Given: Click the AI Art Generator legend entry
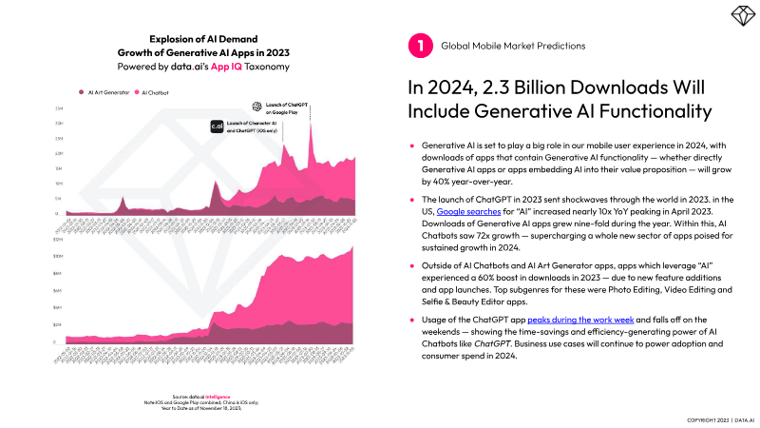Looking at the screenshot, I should tap(106, 93).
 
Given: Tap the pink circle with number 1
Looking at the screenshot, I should tap(416, 45).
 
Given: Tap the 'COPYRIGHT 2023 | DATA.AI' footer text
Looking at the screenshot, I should tap(720, 418).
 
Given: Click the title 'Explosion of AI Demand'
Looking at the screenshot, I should tap(202, 40).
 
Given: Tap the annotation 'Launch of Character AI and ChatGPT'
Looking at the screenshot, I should tap(253, 128).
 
